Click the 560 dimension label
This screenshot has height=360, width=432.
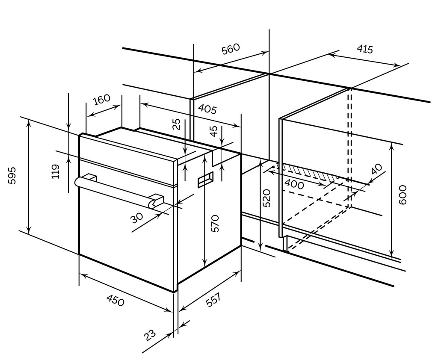[x=231, y=50]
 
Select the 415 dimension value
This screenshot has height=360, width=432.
[x=364, y=49]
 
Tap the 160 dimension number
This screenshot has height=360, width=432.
[x=101, y=100]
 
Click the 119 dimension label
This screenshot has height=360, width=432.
[x=56, y=171]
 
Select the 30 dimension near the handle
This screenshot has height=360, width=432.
[x=137, y=218]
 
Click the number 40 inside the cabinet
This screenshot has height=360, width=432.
[x=376, y=169]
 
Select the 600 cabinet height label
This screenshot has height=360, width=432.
[x=402, y=195]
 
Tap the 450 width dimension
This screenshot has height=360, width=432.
[x=115, y=301]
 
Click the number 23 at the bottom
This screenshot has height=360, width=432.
[x=150, y=335]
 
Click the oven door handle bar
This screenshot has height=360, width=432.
[x=115, y=191]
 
